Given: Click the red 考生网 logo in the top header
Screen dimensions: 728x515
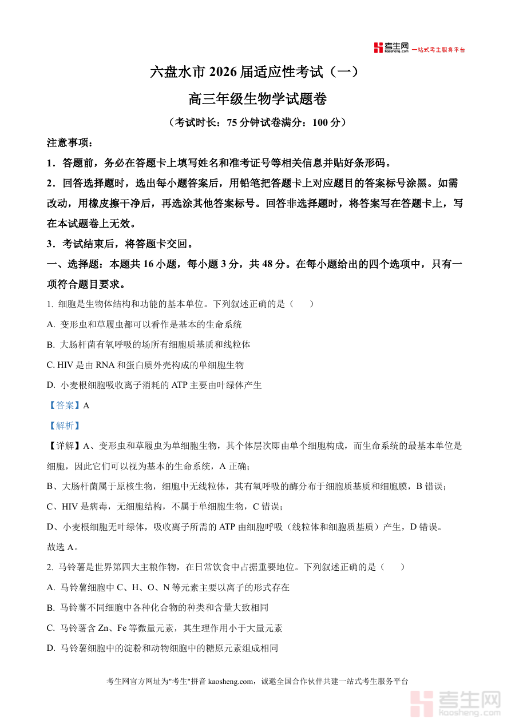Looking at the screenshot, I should pyautogui.click(x=391, y=48).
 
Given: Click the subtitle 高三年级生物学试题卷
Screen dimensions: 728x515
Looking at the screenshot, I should pyautogui.click(x=257, y=99).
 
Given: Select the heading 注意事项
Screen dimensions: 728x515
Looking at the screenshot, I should pyautogui.click(x=69, y=143).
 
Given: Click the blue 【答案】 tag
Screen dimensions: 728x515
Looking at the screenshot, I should pyautogui.click(x=64, y=405).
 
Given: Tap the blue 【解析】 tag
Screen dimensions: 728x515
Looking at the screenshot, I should pyautogui.click(x=64, y=425).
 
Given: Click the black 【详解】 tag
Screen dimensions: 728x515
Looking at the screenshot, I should pyautogui.click(x=65, y=445).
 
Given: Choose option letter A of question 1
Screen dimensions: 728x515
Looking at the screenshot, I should pyautogui.click(x=50, y=325).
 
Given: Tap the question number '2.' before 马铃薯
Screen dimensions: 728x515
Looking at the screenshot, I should pyautogui.click(x=50, y=567).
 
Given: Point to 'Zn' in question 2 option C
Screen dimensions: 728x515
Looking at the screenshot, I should pyautogui.click(x=104, y=628).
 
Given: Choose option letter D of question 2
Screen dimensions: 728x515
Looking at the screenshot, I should pyautogui.click(x=50, y=648).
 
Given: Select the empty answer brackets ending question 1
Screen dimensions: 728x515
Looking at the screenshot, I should pyautogui.click(x=302, y=304).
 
